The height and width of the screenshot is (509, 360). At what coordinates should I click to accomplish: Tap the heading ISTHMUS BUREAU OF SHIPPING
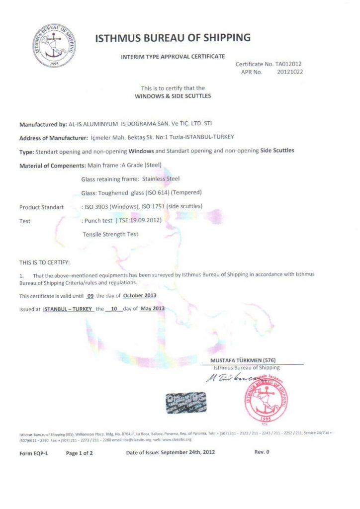(173, 38)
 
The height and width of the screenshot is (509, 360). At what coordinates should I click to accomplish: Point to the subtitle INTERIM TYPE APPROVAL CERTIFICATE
(173, 56)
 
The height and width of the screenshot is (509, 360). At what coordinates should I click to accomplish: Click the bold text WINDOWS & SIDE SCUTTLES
(173, 96)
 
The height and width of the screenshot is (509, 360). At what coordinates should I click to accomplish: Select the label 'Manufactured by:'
(43, 124)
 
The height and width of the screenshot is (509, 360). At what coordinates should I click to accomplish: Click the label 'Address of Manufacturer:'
(54, 138)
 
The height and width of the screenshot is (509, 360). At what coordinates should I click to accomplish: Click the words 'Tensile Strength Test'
(110, 234)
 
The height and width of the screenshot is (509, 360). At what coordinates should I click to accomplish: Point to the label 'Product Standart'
(41, 207)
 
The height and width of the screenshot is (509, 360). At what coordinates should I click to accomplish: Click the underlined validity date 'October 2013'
(140, 295)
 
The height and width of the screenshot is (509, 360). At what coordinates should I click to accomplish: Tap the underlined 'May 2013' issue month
(153, 308)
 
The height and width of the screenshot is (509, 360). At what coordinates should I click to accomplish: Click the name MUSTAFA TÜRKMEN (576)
(243, 360)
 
